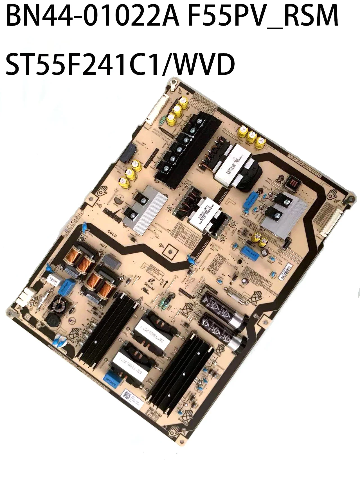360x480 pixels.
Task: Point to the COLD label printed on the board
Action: click(x=112, y=233)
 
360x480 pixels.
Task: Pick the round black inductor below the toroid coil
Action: click(x=53, y=320)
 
